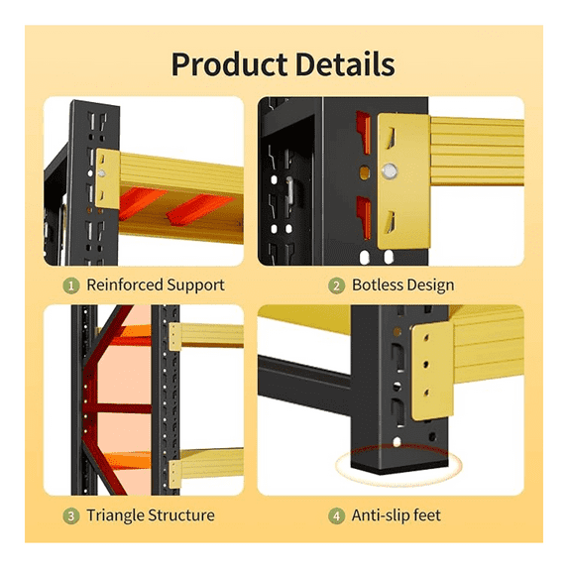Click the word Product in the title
(230, 64)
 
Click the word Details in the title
(345, 64)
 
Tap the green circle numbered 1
(71, 286)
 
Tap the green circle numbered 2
(336, 286)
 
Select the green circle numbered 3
(71, 515)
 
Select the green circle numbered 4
(336, 515)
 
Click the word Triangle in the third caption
(115, 515)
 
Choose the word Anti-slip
(381, 515)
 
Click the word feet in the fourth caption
(427, 515)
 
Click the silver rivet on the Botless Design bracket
(390, 170)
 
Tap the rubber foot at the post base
(399, 470)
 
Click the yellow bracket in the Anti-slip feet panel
(432, 372)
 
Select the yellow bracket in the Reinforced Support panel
(108, 178)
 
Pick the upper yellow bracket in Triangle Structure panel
(175, 337)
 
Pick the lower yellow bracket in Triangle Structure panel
(175, 474)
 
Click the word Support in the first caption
(195, 285)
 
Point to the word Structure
(181, 515)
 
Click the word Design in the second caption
(428, 285)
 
